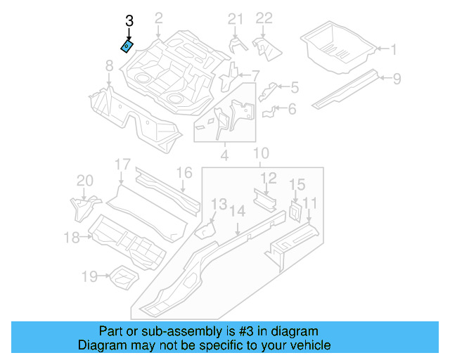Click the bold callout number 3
(x=129, y=22)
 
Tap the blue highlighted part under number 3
(x=127, y=46)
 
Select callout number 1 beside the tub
(x=394, y=49)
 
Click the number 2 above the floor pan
(x=158, y=18)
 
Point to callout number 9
(x=397, y=78)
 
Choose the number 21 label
(x=236, y=19)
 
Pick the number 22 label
(x=264, y=19)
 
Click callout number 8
(x=109, y=66)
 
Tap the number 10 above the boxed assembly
(x=260, y=153)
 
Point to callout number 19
(x=89, y=277)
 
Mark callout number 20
(x=84, y=181)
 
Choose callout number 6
(x=292, y=108)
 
